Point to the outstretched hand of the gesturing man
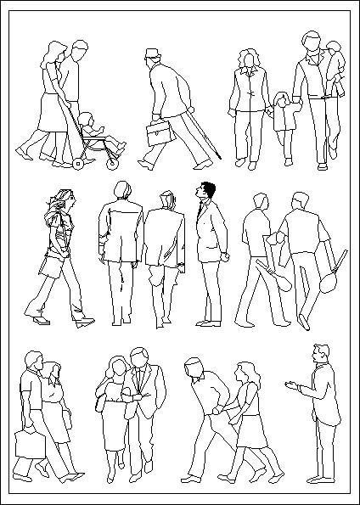click(293, 387)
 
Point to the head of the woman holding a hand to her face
click(116, 368)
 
